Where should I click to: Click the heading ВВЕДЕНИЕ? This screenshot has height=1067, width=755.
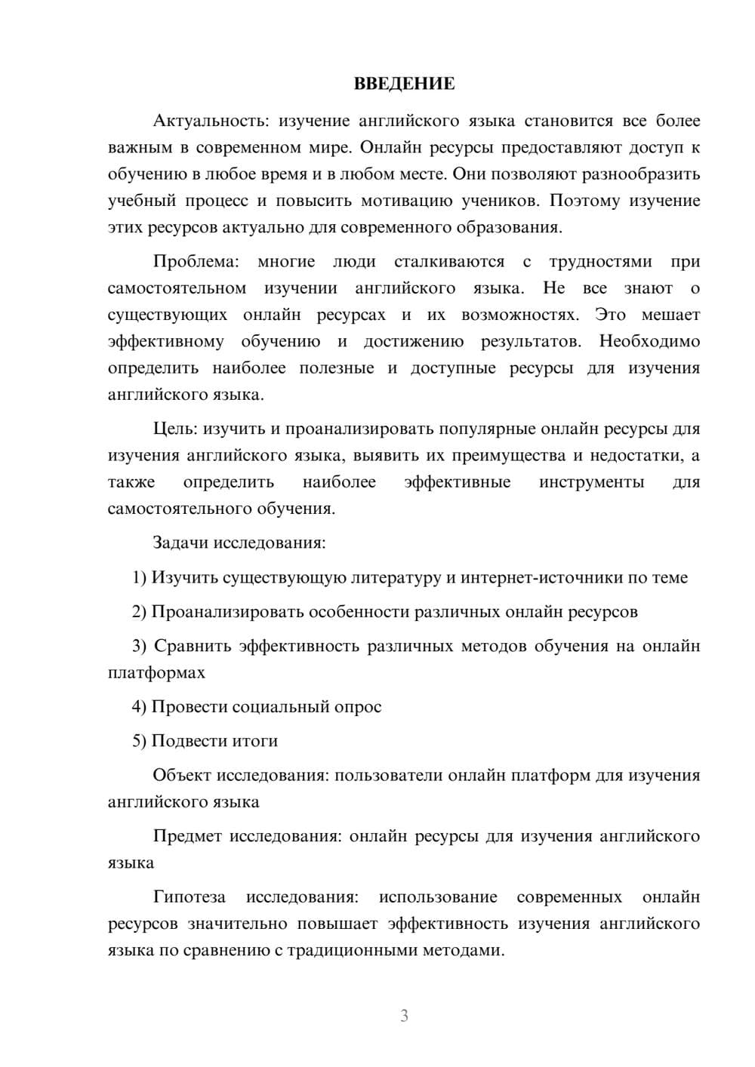[x=404, y=84]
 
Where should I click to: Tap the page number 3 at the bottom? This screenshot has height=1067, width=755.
[x=404, y=1016]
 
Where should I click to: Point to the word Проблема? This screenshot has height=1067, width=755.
[x=196, y=262]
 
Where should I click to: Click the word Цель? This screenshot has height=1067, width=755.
[x=174, y=429]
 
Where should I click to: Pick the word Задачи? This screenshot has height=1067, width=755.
[x=181, y=543]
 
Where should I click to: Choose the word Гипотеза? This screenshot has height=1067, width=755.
[x=189, y=896]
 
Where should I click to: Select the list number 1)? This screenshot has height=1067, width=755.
[x=140, y=577]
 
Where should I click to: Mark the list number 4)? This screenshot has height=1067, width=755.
[x=140, y=706]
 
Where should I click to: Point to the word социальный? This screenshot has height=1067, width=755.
[x=282, y=706]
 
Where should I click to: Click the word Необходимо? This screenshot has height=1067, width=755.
[x=649, y=341]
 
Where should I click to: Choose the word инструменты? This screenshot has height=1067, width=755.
[x=591, y=482]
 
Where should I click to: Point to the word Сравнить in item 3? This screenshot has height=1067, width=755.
[x=193, y=646]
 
